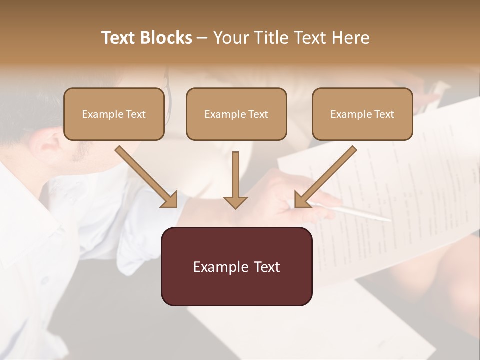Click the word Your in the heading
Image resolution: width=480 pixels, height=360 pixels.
coord(230,38)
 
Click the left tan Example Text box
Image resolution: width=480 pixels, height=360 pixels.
coord(114,114)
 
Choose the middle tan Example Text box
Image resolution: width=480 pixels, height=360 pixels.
coord(236,114)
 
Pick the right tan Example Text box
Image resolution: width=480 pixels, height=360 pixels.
coord(362,114)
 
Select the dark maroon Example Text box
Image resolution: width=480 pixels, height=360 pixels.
coord(236,266)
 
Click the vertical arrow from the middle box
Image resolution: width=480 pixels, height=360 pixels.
coord(235,180)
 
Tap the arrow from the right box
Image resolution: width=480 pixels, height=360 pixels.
coord(325,177)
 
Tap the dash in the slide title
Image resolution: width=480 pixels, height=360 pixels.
coord(202,38)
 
